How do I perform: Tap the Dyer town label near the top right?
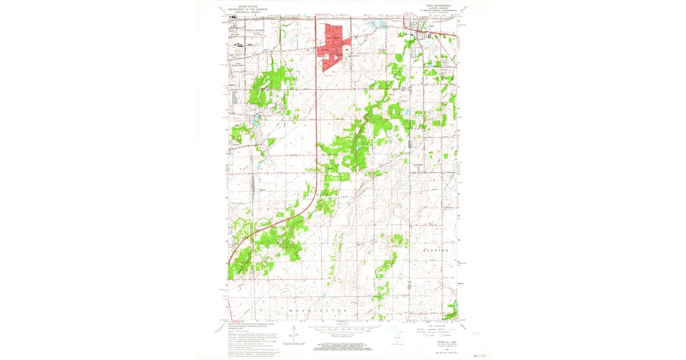pyautogui.click(x=431, y=26)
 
